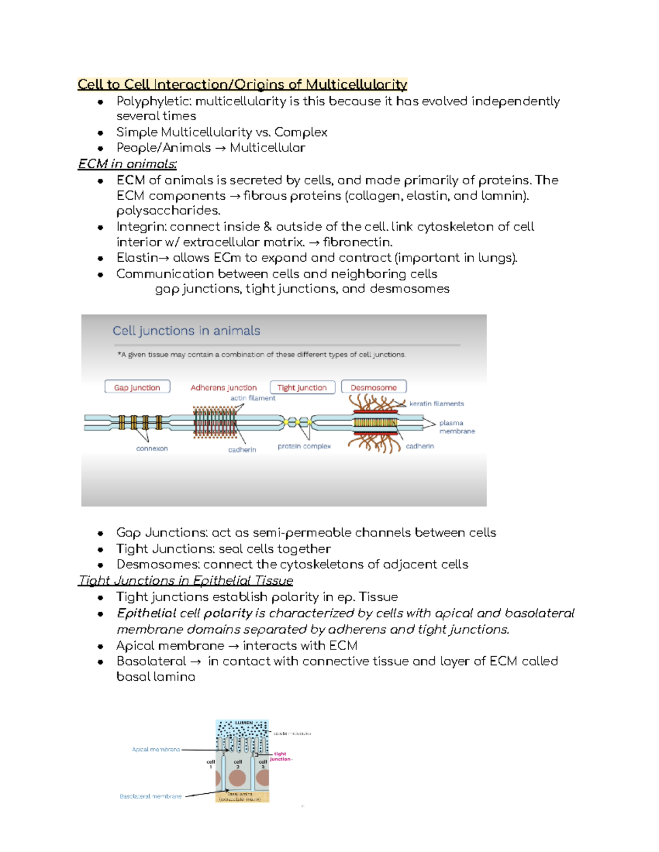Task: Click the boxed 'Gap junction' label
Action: point(137,387)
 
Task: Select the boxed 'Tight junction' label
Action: point(302,387)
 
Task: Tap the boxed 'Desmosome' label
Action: point(373,387)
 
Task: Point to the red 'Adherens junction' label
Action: point(224,387)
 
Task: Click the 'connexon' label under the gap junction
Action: point(152,448)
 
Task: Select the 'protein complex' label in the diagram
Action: point(304,446)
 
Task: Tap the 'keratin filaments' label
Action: point(437,404)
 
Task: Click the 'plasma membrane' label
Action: point(456,427)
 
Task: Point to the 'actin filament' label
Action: point(253,398)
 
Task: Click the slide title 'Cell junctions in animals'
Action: point(186,331)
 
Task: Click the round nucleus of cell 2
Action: point(237,778)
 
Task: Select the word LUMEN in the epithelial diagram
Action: point(244,723)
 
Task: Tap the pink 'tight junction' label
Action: point(281,757)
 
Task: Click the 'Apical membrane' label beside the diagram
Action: point(156,749)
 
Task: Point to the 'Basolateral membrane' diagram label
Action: point(150,796)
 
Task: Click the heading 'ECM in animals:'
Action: point(127,164)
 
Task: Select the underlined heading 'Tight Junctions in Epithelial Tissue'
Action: point(186,580)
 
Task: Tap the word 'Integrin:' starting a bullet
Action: point(142,227)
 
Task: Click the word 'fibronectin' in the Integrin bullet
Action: point(357,242)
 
